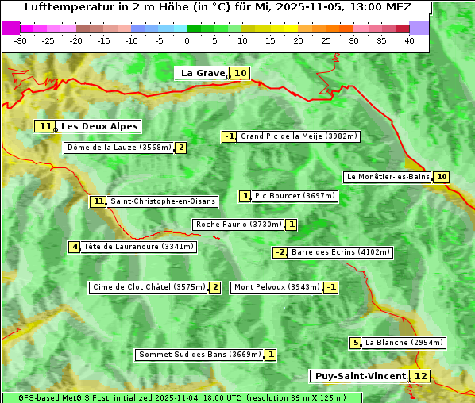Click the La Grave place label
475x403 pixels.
click(203, 73)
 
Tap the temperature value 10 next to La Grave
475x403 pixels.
click(241, 73)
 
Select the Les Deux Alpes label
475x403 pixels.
click(100, 126)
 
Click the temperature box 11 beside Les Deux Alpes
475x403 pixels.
click(44, 126)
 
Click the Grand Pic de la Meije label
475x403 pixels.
click(299, 136)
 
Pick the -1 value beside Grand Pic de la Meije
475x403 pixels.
click(230, 136)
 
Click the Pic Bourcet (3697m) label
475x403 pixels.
click(295, 196)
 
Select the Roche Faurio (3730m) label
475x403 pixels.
click(238, 225)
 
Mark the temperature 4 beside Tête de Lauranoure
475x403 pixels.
click(75, 247)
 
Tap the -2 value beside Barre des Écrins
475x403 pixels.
click(280, 252)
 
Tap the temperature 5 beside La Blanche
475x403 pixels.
click(355, 343)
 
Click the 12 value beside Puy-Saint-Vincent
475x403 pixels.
click(420, 376)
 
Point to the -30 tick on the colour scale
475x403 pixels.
click(21, 40)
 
